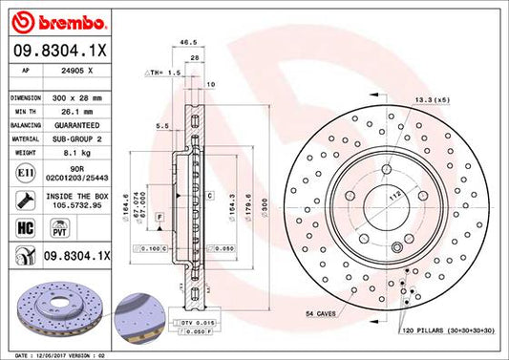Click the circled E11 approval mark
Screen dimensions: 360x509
point(23,173)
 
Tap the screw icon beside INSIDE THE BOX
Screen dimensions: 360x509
point(23,201)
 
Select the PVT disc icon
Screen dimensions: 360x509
point(55,230)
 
